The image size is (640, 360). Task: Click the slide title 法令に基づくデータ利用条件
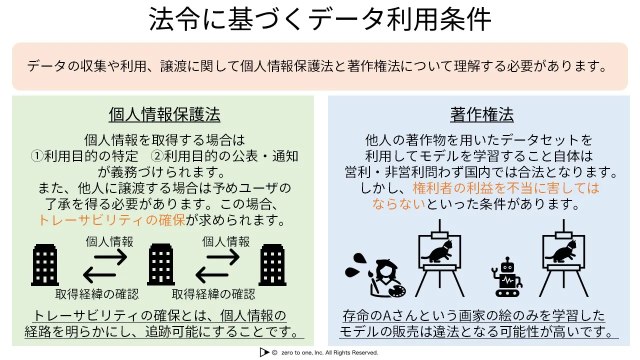pyautogui.click(x=319, y=19)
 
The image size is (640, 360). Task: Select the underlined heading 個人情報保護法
pyautogui.click(x=164, y=115)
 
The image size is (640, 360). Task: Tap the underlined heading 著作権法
pyautogui.click(x=482, y=115)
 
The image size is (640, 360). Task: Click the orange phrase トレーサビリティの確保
pyautogui.click(x=112, y=220)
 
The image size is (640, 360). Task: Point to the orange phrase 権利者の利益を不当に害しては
pyautogui.click(x=506, y=188)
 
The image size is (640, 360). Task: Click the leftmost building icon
pyautogui.click(x=45, y=265)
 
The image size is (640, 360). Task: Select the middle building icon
pyautogui.click(x=161, y=265)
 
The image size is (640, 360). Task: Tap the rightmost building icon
pyautogui.click(x=272, y=265)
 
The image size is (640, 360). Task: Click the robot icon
pyautogui.click(x=507, y=276)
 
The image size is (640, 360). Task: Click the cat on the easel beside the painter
pyautogui.click(x=437, y=251)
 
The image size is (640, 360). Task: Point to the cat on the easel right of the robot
pyautogui.click(x=561, y=251)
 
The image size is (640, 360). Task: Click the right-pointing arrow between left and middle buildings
pyautogui.click(x=110, y=257)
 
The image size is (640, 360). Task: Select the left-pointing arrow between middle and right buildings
pyautogui.click(x=212, y=275)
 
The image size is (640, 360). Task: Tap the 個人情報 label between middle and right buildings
pyautogui.click(x=226, y=241)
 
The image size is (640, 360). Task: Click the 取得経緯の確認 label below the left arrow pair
pyautogui.click(x=97, y=294)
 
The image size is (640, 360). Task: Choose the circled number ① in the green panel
pyautogui.click(x=37, y=156)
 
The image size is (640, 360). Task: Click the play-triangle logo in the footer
pyautogui.click(x=264, y=352)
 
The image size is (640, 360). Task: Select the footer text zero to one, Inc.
pyautogui.click(x=302, y=353)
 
